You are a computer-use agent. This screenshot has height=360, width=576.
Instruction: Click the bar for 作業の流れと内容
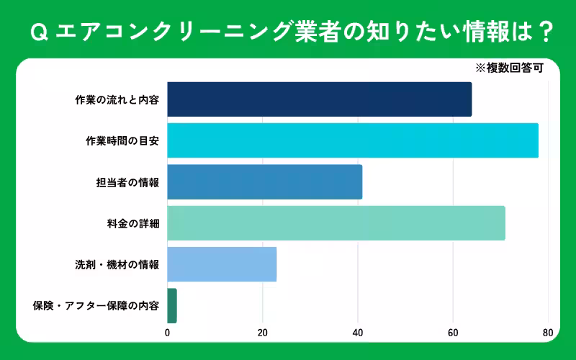coord(320,99)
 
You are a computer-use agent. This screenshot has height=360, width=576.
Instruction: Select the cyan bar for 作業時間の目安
coord(353,140)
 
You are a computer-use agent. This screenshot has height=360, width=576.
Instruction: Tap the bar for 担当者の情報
coord(265,182)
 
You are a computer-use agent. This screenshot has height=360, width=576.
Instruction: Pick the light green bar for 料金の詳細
coord(336,223)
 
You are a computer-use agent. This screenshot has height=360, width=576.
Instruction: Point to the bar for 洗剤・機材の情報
coord(222,264)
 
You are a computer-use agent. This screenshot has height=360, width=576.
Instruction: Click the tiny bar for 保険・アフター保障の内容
coord(172,305)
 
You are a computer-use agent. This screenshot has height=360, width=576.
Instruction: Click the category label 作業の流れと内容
coord(117,99)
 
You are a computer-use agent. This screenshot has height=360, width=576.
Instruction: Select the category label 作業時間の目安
coord(122,141)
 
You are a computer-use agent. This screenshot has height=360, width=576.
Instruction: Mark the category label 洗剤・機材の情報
coord(117,265)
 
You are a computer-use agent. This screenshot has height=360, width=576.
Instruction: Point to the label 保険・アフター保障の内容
coord(96,306)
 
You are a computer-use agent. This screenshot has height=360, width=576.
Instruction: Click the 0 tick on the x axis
coord(168,333)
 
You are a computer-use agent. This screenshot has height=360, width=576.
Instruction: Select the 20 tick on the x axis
coord(263,333)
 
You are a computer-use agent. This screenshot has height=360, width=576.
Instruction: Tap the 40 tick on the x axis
coord(358,333)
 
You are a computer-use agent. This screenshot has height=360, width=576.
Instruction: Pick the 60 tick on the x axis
coord(453,333)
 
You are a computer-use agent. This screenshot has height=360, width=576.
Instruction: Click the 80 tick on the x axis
coord(548,333)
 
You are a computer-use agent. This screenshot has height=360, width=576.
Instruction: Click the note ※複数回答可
coord(508,69)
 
